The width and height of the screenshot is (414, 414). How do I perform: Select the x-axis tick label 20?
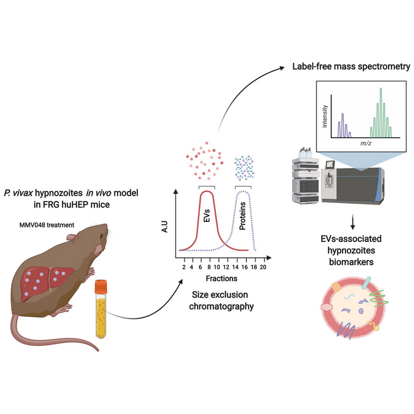click(263, 267)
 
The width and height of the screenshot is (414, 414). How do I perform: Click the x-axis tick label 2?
click(183, 267)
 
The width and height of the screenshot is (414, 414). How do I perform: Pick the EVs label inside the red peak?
click(206, 219)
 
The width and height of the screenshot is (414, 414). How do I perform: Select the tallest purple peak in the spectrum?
click(339, 120)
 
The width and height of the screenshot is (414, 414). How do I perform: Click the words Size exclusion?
click(222, 294)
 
